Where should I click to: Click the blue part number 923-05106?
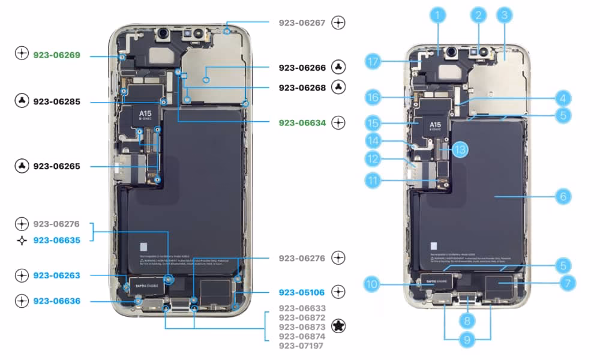302,293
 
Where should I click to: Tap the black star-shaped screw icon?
339,326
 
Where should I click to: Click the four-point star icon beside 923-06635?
22,240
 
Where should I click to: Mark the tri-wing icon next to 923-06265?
22,166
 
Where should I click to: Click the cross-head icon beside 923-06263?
22,275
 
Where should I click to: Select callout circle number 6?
562,196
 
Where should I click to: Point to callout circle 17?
373,61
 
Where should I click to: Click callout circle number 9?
467,340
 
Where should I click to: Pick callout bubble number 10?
373,284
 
